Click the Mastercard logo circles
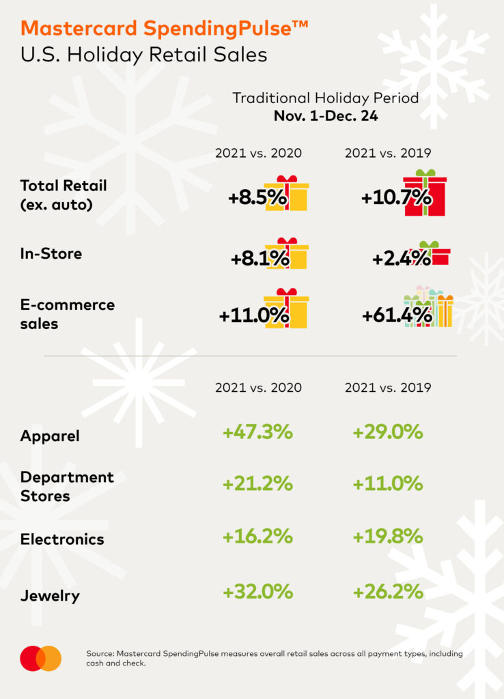click(40, 658)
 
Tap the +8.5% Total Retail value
click(258, 198)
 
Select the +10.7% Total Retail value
click(396, 198)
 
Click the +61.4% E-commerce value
click(397, 315)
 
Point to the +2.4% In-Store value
click(402, 258)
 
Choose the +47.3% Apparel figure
click(257, 432)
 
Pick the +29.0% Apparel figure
click(388, 432)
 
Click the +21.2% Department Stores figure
click(257, 484)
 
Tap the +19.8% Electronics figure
click(388, 537)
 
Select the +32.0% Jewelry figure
click(257, 592)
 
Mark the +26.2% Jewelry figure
click(388, 592)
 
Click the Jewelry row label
click(50, 596)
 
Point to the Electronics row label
click(62, 539)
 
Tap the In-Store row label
click(51, 254)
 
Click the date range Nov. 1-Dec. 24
click(326, 116)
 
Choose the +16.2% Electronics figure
click(257, 537)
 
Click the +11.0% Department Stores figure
click(388, 484)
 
